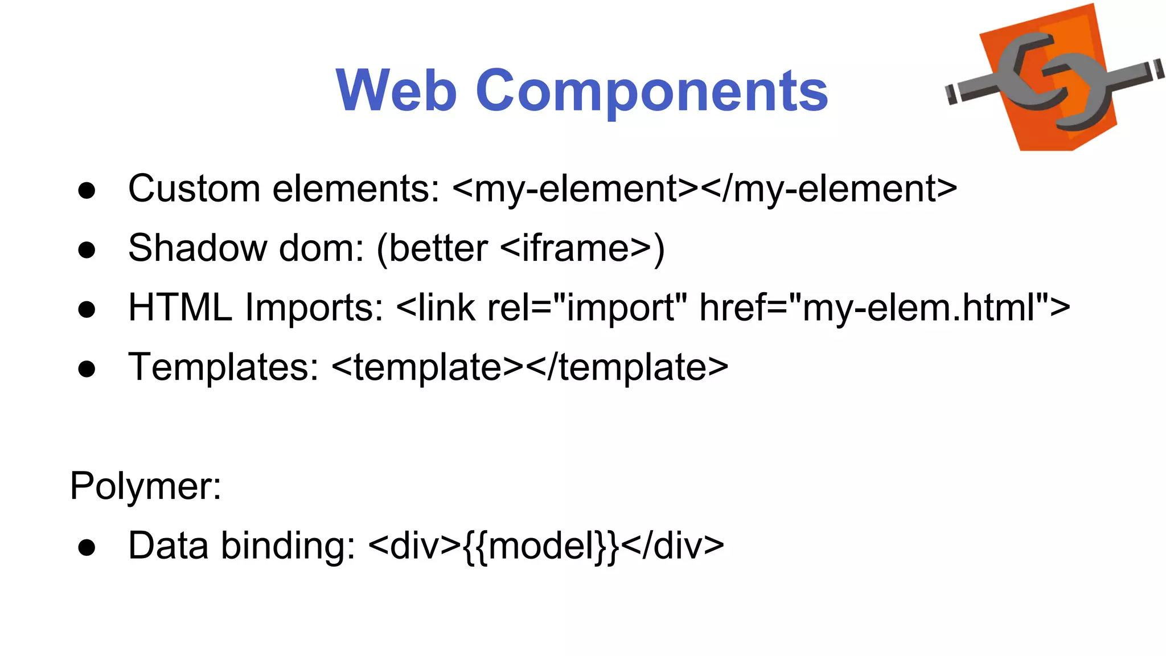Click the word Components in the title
pos(651,91)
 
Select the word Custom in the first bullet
pos(194,188)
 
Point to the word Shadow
pos(197,248)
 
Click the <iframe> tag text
pos(575,248)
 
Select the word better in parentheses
pos(438,248)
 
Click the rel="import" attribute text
pos(587,308)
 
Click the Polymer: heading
pos(146,486)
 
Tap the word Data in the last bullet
pos(168,546)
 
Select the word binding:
pos(288,546)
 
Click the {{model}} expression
pos(541,546)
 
